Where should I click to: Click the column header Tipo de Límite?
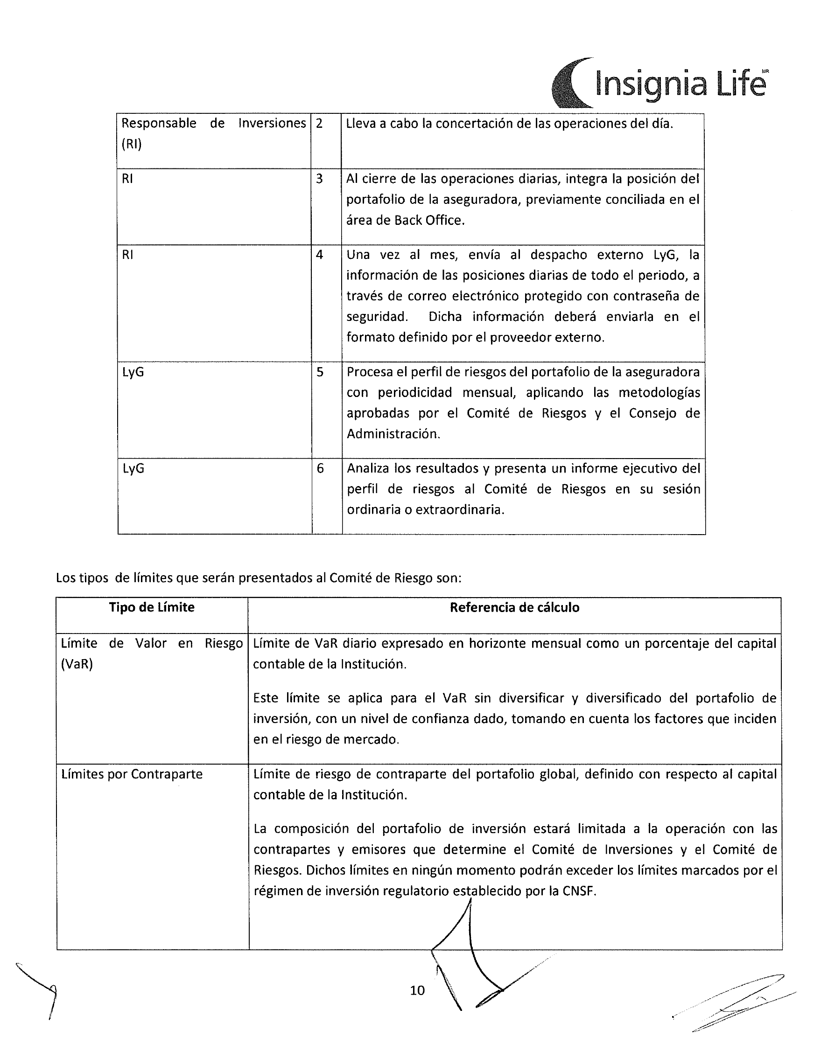[152, 607]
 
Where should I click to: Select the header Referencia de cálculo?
[514, 607]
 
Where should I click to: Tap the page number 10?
[417, 991]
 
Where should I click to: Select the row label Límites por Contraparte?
[132, 774]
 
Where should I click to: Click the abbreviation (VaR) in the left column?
[77, 664]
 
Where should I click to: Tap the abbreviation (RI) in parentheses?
[131, 144]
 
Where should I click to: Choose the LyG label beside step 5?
[133, 372]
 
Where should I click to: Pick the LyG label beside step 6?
[133, 469]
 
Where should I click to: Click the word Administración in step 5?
[393, 434]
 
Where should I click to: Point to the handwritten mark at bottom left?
[41, 988]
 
